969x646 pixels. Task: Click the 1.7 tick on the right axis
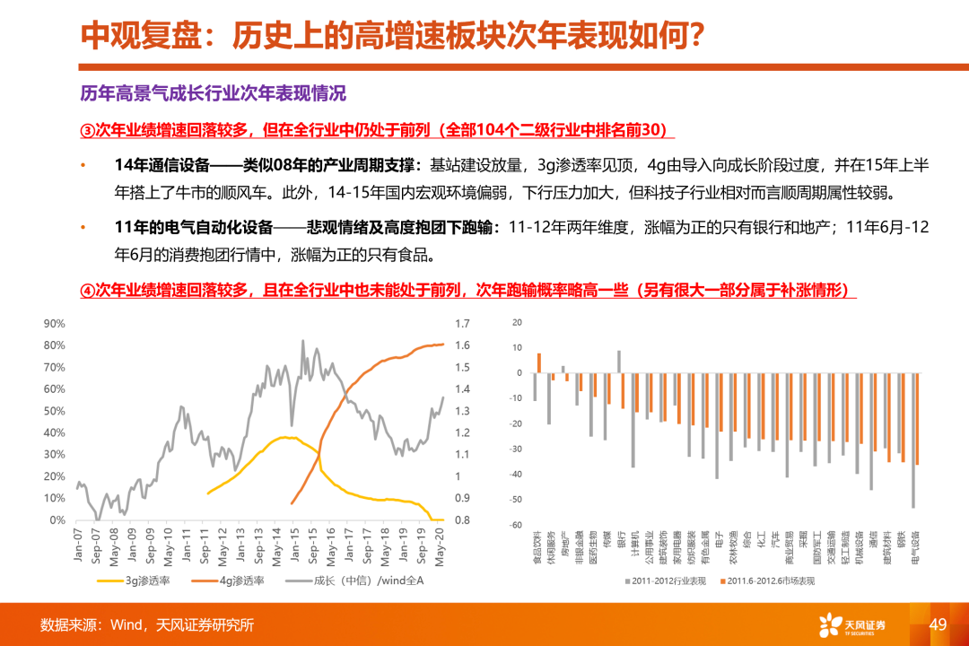pos(463,323)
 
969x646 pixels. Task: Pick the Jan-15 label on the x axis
pos(292,545)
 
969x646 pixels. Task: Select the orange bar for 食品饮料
pos(539,362)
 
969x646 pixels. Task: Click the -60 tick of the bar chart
pos(516,525)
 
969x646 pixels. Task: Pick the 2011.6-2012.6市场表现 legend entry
pos(770,581)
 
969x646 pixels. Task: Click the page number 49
pos(938,624)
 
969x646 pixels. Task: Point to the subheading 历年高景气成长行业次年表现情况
pos(213,94)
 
